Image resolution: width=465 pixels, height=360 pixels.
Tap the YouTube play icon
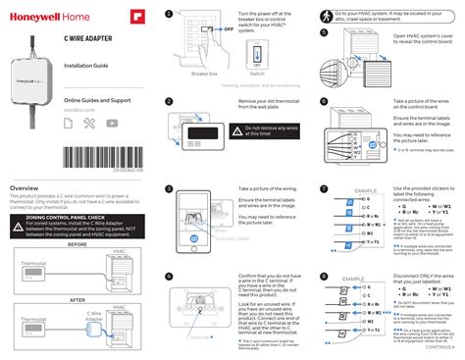click(x=112, y=123)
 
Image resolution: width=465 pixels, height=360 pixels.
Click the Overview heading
click(x=25, y=187)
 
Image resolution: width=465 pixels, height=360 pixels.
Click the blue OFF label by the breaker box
click(x=229, y=29)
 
